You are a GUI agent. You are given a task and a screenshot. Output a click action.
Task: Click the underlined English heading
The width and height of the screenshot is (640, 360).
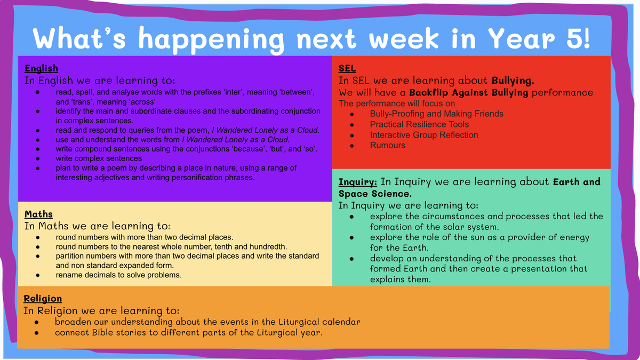[42, 69]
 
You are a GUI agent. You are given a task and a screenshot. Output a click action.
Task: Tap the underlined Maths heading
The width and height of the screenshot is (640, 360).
[38, 214]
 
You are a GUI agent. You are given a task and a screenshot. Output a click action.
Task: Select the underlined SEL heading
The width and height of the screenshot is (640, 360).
[347, 69]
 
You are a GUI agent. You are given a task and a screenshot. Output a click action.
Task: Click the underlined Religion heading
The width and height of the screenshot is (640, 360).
[43, 299]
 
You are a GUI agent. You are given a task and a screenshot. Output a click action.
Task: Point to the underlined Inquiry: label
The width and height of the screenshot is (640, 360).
[358, 182]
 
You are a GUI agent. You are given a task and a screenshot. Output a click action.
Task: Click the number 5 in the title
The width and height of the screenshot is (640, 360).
[574, 38]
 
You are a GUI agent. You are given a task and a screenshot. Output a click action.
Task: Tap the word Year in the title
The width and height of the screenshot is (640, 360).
[521, 38]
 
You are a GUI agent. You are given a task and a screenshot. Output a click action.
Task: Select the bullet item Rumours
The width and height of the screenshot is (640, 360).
[387, 145]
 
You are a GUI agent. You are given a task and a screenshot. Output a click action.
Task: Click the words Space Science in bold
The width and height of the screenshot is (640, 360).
[375, 194]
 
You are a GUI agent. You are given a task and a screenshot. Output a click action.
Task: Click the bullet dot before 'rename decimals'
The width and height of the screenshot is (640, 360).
[38, 275]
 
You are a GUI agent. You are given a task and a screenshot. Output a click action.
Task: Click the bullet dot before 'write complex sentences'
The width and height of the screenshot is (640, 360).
[38, 158]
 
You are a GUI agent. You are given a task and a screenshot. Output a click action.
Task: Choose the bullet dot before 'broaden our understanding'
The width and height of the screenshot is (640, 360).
[36, 322]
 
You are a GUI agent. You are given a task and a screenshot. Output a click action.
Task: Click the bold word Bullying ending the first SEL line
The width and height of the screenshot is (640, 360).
[513, 81]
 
